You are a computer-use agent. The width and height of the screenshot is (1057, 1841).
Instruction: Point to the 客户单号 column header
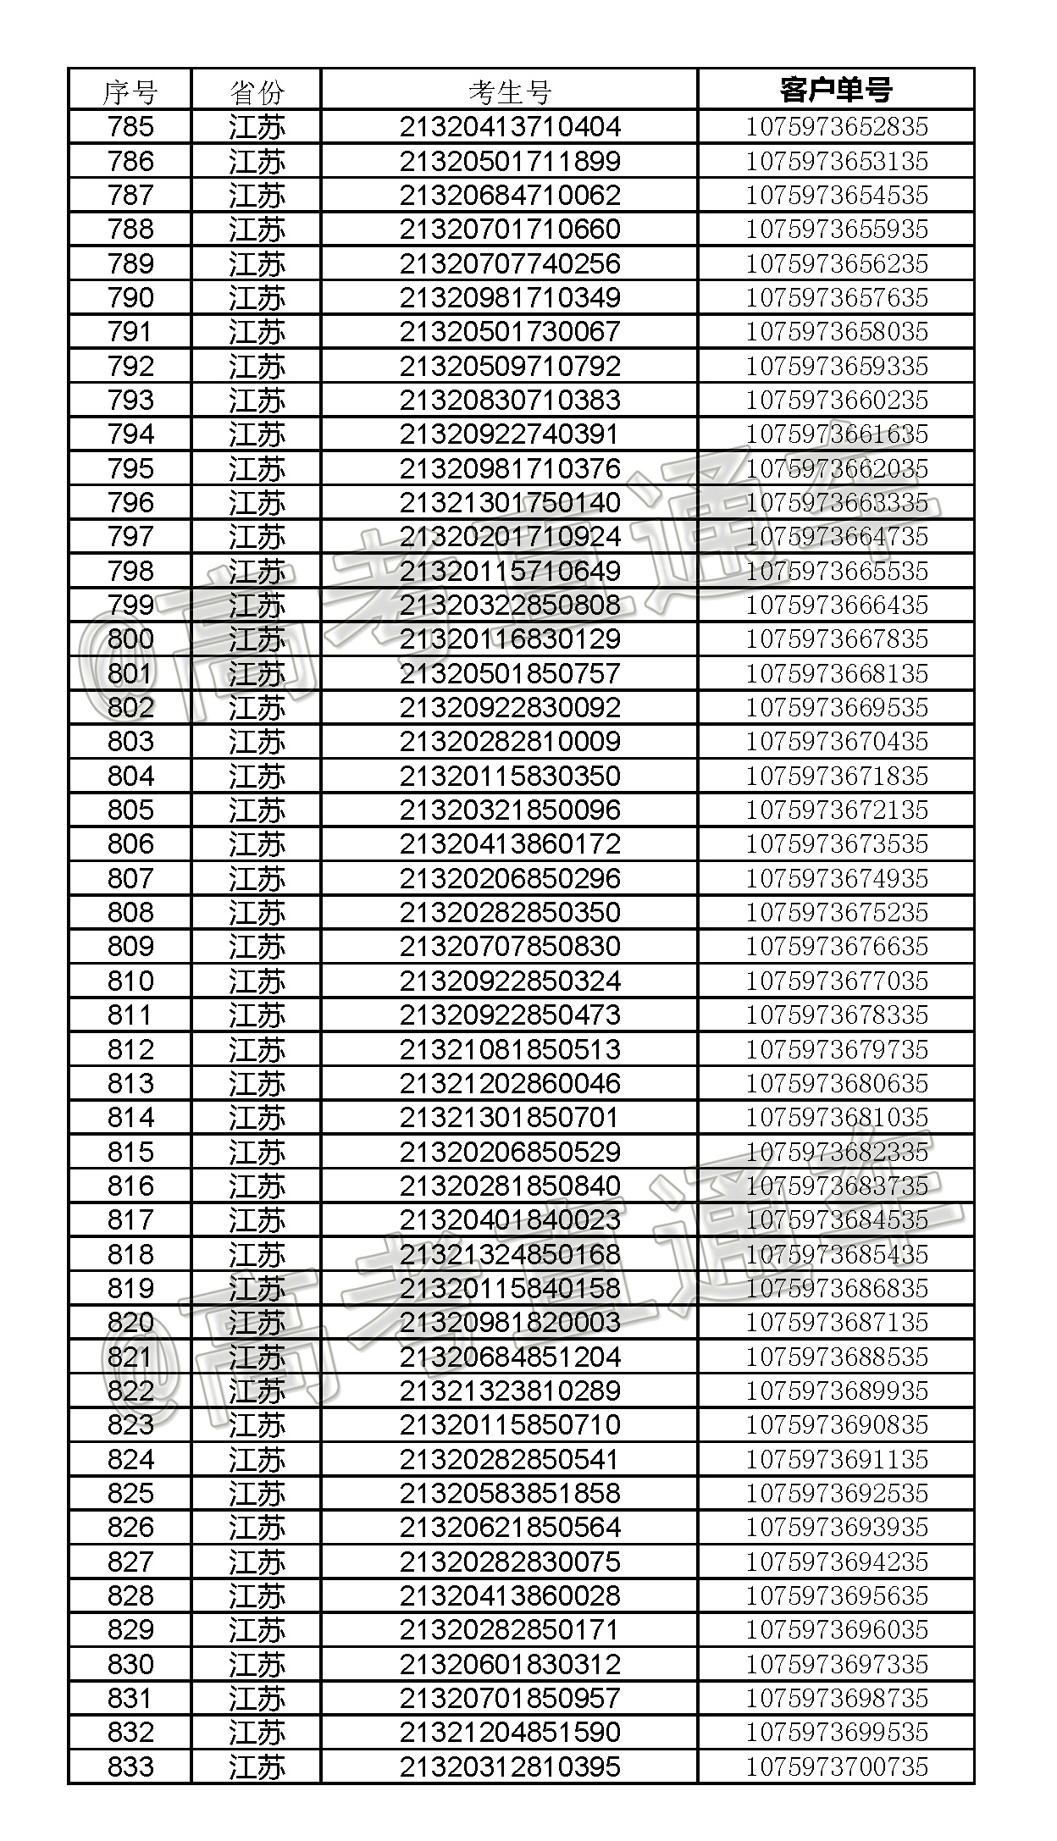click(x=836, y=90)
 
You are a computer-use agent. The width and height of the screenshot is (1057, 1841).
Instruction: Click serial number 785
click(x=130, y=127)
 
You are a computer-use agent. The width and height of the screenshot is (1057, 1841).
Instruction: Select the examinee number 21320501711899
click(x=510, y=162)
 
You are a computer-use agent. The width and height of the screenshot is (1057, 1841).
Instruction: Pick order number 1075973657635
click(x=836, y=298)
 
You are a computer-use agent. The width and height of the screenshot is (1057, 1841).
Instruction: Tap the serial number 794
click(x=130, y=434)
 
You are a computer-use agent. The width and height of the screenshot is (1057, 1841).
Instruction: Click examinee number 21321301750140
click(x=510, y=503)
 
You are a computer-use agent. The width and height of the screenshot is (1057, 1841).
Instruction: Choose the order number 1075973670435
click(x=836, y=742)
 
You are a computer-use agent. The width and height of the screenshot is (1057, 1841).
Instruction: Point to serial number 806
click(x=130, y=844)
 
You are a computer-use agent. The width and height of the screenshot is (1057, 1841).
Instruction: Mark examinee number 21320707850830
click(x=510, y=947)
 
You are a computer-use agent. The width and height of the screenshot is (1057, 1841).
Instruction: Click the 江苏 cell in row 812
click(x=256, y=1050)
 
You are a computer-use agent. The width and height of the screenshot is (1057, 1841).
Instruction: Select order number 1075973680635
click(x=836, y=1084)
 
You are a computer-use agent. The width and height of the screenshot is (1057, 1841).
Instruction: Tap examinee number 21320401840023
click(x=510, y=1220)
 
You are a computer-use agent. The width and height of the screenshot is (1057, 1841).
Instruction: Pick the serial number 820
click(x=130, y=1323)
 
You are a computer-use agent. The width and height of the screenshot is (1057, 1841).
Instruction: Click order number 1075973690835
click(x=836, y=1425)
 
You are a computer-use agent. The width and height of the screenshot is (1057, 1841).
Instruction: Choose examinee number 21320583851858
click(x=510, y=1494)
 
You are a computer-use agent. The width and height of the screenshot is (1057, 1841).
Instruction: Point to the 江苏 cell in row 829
click(x=256, y=1630)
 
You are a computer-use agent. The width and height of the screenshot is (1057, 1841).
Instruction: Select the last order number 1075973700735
click(x=836, y=1766)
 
